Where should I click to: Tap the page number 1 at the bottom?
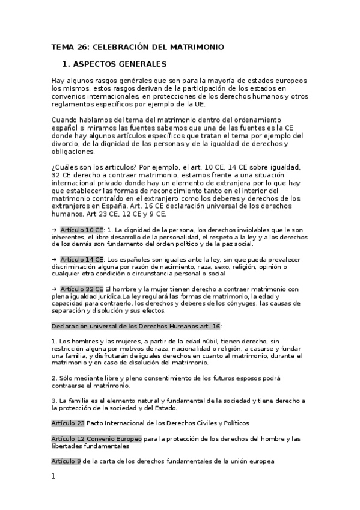point(53,476)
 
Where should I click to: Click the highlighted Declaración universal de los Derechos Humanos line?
point(136,325)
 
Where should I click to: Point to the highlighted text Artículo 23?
point(68,423)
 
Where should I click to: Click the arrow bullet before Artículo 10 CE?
point(54,230)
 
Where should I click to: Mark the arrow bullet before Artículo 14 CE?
point(54,259)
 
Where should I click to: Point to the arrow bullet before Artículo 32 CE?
point(54,289)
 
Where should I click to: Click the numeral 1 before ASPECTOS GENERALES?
point(65,63)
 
